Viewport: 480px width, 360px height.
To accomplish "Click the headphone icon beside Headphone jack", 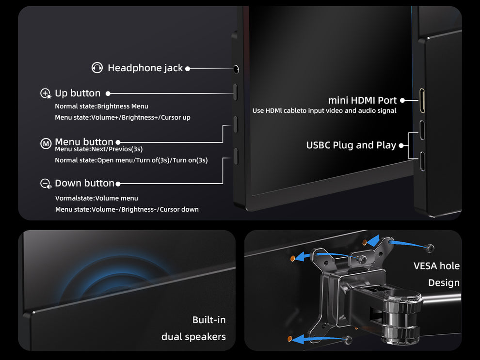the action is pos(97,68).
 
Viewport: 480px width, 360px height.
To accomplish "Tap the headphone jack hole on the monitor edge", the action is pos(236,69).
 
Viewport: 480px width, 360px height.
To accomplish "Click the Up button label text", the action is pos(78,93).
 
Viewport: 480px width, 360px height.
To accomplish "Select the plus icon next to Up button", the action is pos(46,94).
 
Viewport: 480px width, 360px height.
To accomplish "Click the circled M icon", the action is pos(46,143).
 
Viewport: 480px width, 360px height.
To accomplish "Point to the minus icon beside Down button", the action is pos(46,184).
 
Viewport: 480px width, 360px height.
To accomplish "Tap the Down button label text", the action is pos(84,183).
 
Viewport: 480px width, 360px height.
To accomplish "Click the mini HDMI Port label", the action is pos(363,100).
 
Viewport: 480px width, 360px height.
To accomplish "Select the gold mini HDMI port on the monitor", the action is pos(422,100).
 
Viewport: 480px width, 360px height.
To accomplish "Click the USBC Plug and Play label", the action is pos(351,145).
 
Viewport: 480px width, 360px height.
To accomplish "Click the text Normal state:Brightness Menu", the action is pos(102,106).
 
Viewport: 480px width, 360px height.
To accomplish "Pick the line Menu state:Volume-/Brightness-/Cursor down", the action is pos(127,209).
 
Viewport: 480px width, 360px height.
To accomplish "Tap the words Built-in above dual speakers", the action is pos(209,320).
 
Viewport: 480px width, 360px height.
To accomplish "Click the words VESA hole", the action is pos(436,266).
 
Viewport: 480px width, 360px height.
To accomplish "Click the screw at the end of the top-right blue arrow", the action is pos(430,248).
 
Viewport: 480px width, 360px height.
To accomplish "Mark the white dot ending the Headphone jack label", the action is pos(188,69).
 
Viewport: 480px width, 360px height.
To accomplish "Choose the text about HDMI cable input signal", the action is pos(324,110).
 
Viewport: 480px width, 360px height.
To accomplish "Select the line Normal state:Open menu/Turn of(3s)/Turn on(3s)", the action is pos(131,160).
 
